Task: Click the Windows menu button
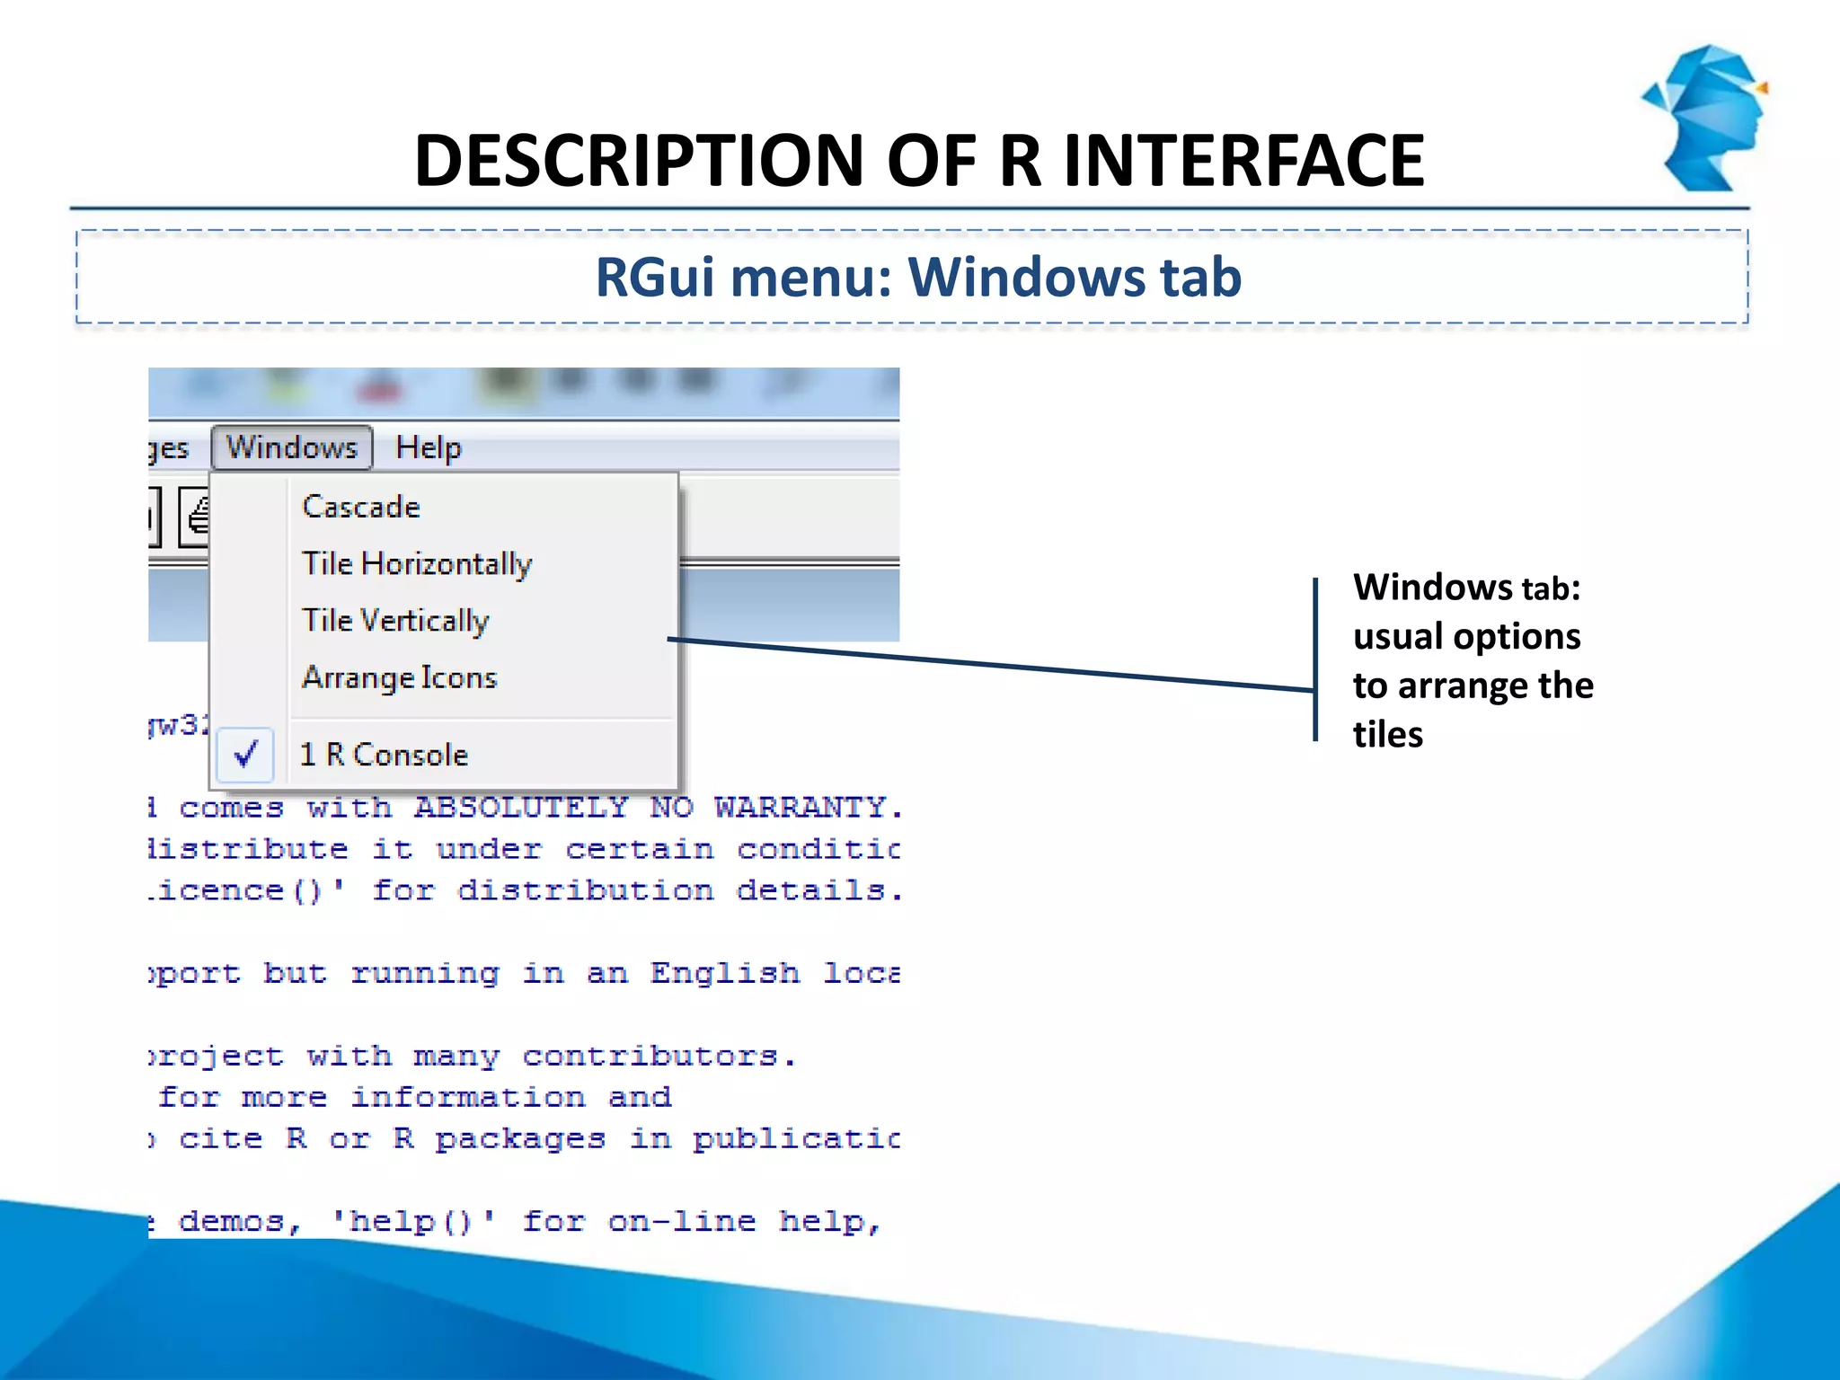tap(291, 447)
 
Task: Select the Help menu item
tap(429, 447)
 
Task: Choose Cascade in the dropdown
tap(361, 507)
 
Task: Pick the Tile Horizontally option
tap(417, 564)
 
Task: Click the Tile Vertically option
tap(395, 621)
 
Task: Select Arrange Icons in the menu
tap(399, 677)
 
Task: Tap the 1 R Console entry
tap(385, 755)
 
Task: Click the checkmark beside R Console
tap(246, 753)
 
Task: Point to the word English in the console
tap(725, 973)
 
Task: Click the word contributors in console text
tap(650, 1056)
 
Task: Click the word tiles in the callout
tap(1388, 735)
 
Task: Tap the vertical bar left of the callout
tap(1315, 659)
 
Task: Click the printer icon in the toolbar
tap(197, 516)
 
